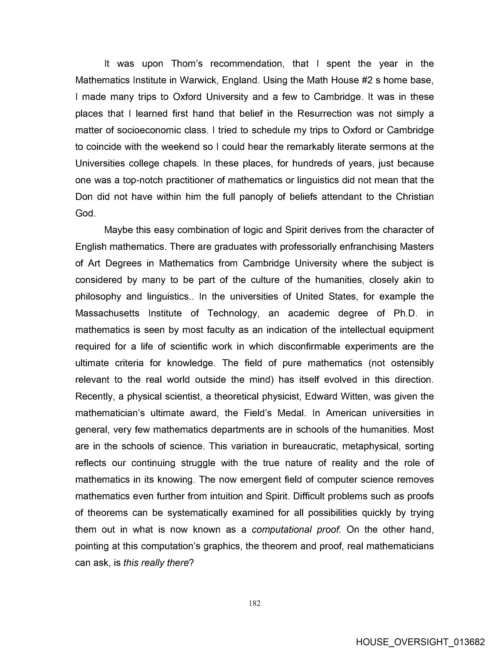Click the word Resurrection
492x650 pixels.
[325, 113]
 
